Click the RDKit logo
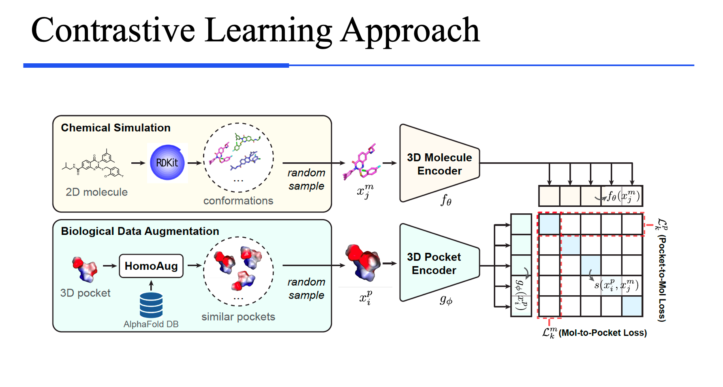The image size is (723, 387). (x=167, y=163)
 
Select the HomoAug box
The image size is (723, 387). (x=151, y=266)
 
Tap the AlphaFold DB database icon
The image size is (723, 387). (x=151, y=305)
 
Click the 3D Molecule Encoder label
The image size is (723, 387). (x=439, y=164)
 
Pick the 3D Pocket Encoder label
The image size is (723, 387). (x=434, y=263)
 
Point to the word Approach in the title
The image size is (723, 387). (x=410, y=30)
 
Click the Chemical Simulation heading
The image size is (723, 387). (x=116, y=128)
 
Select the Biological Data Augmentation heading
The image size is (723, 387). (x=140, y=231)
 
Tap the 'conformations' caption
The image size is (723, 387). (x=238, y=201)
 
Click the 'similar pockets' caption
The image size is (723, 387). (x=238, y=317)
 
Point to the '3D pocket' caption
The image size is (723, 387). (x=85, y=293)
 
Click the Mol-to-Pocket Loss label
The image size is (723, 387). (x=602, y=333)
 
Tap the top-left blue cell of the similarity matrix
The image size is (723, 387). (x=549, y=224)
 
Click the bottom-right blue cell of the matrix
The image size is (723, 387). (x=632, y=306)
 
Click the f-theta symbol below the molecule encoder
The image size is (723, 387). (x=446, y=200)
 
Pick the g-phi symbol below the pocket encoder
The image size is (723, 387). (x=446, y=300)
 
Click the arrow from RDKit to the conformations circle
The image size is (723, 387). (x=195, y=163)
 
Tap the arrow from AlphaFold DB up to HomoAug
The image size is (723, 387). (x=151, y=285)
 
